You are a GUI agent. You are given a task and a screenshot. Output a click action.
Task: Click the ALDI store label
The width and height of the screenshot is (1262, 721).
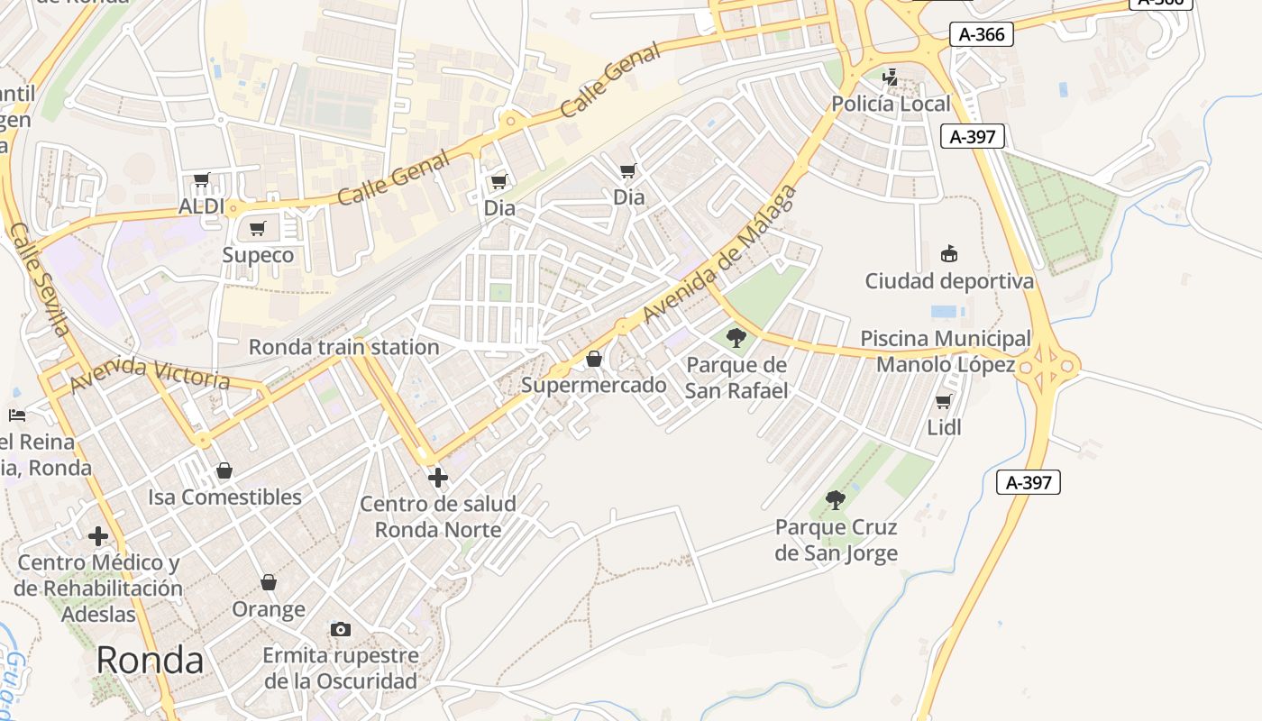[201, 206]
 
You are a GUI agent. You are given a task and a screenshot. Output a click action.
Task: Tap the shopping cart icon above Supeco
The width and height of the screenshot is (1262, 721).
[258, 229]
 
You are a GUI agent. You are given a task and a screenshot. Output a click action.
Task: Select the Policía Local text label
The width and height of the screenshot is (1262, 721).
[891, 104]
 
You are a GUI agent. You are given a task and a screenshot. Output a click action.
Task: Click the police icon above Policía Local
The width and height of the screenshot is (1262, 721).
[891, 78]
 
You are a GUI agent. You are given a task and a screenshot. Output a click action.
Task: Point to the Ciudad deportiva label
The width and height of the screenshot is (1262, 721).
[949, 281]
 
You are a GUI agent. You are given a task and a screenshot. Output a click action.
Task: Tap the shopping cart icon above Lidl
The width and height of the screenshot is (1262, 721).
[944, 402]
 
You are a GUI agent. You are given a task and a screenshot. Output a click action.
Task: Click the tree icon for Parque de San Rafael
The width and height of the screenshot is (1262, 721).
[736, 339]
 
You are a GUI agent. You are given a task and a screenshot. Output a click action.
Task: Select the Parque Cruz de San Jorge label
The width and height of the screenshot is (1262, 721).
[837, 540]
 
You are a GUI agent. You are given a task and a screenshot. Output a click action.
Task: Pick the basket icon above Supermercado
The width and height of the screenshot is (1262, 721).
[594, 360]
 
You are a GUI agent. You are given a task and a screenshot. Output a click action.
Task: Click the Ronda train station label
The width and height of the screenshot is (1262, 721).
[343, 347]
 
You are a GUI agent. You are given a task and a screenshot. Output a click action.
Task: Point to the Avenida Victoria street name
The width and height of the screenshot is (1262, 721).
[150, 373]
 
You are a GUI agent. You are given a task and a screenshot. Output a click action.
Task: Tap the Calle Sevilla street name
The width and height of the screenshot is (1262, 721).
[40, 280]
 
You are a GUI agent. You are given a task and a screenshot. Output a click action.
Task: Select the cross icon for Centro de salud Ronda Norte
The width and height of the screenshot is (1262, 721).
[438, 478]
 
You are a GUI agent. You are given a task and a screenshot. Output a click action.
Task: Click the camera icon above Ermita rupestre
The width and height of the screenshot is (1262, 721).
[341, 629]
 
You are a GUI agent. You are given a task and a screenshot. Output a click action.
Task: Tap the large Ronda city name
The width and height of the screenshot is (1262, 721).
[150, 660]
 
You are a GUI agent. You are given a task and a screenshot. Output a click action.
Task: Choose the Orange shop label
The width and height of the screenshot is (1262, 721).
[269, 609]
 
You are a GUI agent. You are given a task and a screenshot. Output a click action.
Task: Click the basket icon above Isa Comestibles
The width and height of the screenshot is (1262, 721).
[224, 471]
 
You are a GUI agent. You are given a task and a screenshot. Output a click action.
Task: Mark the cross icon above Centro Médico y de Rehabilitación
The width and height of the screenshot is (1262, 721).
[98, 537]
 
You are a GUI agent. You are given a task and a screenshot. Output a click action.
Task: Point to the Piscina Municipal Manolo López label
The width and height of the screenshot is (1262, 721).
[946, 351]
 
